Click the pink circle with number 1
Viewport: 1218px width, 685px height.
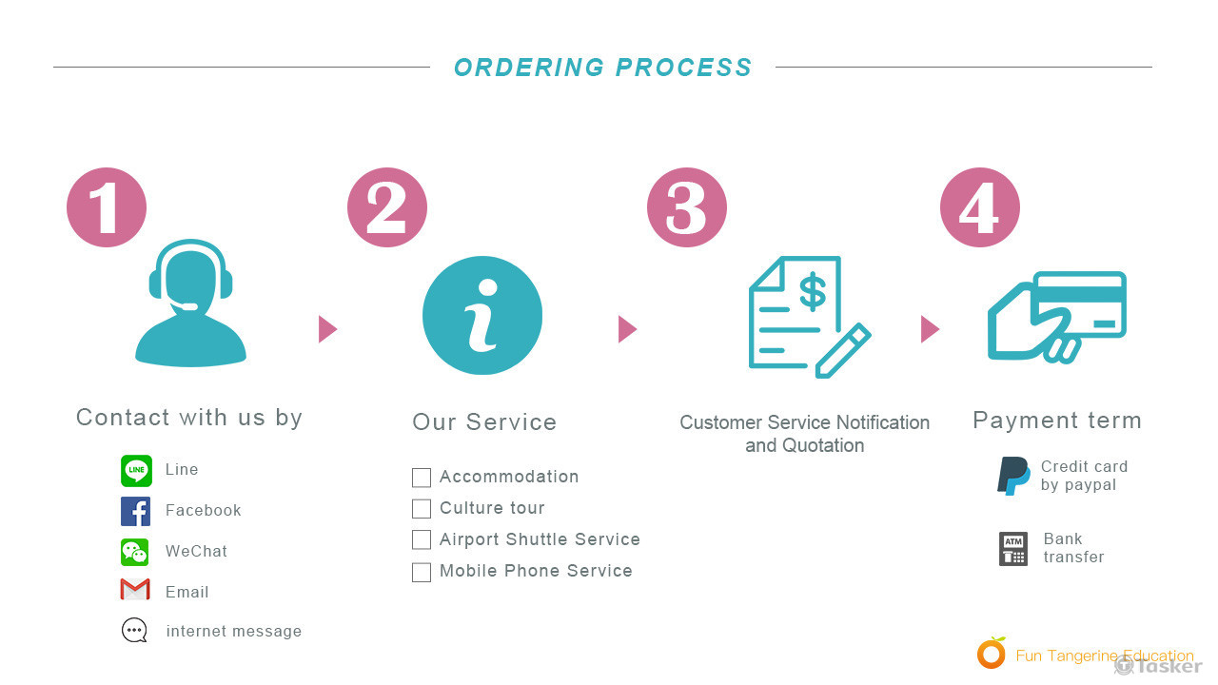[x=107, y=207]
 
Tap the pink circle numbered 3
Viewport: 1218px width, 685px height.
[x=686, y=207]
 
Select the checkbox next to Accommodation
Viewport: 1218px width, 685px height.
[x=422, y=478]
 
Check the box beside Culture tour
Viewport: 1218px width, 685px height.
[x=422, y=509]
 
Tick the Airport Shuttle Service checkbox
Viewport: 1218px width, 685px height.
[x=422, y=540]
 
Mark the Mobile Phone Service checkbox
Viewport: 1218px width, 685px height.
[x=422, y=572]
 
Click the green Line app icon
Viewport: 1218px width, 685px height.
[x=136, y=470]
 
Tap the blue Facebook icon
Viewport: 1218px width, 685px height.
[x=136, y=511]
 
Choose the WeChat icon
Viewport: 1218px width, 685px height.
[x=135, y=552]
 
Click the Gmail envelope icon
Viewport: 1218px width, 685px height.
[x=135, y=591]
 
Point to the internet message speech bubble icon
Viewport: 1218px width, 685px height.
[x=135, y=631]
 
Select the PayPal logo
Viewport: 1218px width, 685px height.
[x=1013, y=476]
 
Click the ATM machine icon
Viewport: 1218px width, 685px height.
[x=1013, y=549]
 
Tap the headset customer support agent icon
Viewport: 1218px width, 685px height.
[x=190, y=303]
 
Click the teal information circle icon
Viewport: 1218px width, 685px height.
[x=482, y=315]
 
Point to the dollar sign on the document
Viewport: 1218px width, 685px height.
[x=812, y=292]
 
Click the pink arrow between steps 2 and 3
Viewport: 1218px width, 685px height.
[x=627, y=329]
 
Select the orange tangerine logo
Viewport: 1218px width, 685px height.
[x=992, y=654]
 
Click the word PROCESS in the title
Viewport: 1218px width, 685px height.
[x=683, y=68]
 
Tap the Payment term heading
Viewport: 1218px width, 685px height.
[x=1056, y=421]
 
